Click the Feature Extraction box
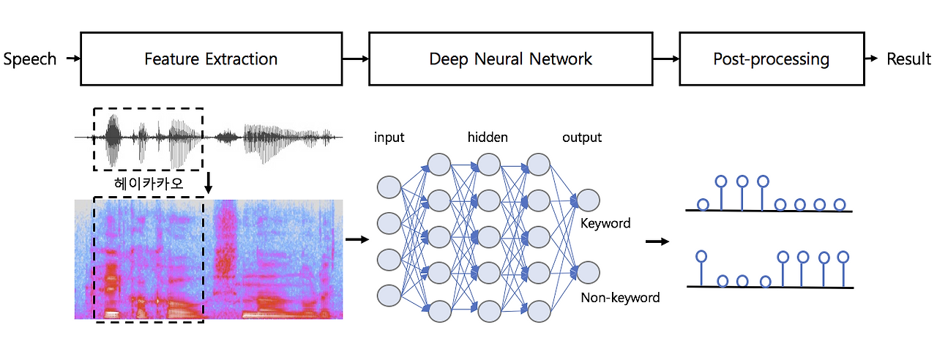pyautogui.click(x=211, y=59)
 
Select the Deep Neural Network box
pyautogui.click(x=510, y=59)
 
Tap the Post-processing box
pyautogui.click(x=771, y=59)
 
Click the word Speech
pyautogui.click(x=30, y=59)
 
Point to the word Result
pyautogui.click(x=908, y=59)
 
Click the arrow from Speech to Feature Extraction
pyautogui.click(x=72, y=59)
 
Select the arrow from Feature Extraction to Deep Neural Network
pyautogui.click(x=355, y=59)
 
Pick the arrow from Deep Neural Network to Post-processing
pyautogui.click(x=665, y=59)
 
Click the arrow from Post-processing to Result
pyautogui.click(x=872, y=59)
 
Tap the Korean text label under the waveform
pyautogui.click(x=149, y=185)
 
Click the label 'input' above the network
pyautogui.click(x=389, y=138)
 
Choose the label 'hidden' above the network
pyautogui.click(x=488, y=138)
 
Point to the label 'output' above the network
pyautogui.click(x=582, y=138)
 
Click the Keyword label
pyautogui.click(x=605, y=223)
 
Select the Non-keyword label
pyautogui.click(x=620, y=298)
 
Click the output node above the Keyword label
pyautogui.click(x=588, y=200)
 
